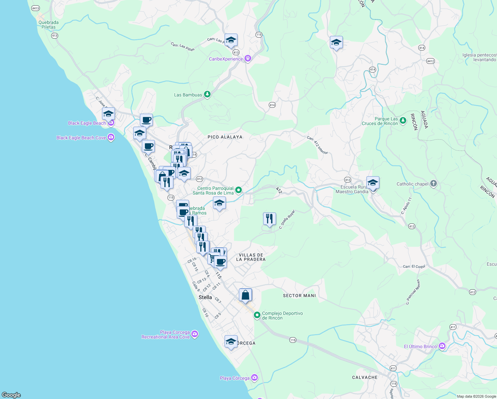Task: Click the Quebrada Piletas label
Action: click(x=49, y=25)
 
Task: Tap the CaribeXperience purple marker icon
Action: click(x=248, y=59)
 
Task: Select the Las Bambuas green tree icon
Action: click(x=207, y=94)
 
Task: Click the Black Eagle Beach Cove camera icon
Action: click(x=111, y=137)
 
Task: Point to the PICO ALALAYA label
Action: click(x=225, y=137)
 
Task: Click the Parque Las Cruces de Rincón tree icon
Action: click(x=403, y=120)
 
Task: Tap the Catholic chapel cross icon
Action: click(x=433, y=184)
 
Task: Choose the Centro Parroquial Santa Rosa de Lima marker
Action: click(x=239, y=190)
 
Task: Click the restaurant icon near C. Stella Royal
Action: click(x=269, y=219)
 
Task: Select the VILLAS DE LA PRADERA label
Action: click(x=251, y=257)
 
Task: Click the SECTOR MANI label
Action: click(x=299, y=296)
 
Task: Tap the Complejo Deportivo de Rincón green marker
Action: click(x=257, y=315)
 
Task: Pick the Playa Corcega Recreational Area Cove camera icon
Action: click(x=195, y=334)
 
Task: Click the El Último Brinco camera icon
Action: click(x=442, y=346)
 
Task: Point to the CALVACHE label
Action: click(x=365, y=377)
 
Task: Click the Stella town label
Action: click(x=205, y=297)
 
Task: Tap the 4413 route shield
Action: click(x=36, y=8)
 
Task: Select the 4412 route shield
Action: click(x=431, y=61)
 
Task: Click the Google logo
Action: click(x=11, y=395)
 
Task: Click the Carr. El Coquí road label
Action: click(x=414, y=267)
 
